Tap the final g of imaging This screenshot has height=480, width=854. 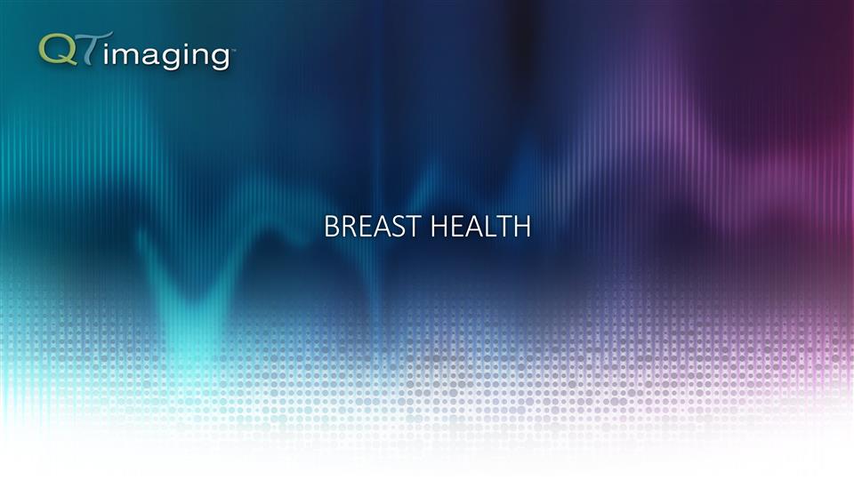tap(219, 59)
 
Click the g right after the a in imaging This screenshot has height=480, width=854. tap(167, 59)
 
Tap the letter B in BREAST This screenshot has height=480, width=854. tap(332, 228)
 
